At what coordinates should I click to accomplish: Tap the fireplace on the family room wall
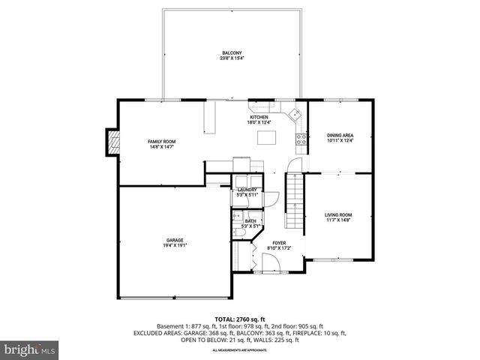click(x=112, y=142)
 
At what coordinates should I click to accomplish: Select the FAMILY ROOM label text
click(x=161, y=142)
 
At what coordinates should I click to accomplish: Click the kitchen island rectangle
click(x=266, y=137)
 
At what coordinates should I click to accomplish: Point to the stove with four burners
click(x=303, y=138)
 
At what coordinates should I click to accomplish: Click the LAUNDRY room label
click(x=247, y=190)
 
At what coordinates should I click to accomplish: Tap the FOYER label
click(x=279, y=243)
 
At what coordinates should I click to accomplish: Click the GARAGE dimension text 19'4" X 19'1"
click(x=175, y=245)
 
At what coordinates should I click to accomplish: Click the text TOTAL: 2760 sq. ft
click(x=239, y=319)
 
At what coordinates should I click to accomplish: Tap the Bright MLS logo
click(x=30, y=349)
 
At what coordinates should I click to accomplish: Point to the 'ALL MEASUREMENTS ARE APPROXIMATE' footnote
click(x=239, y=350)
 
